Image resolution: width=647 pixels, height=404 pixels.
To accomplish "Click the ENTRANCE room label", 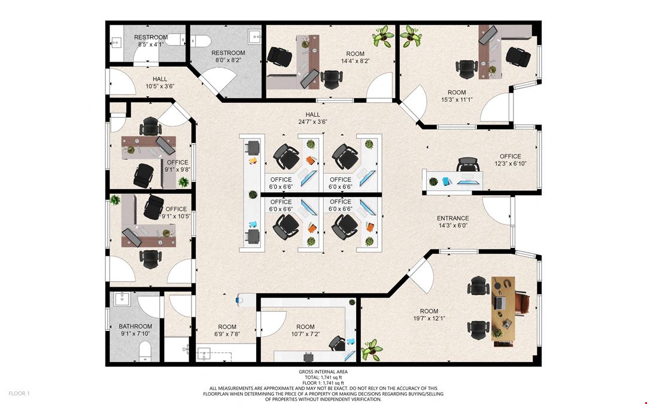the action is coord(452,218).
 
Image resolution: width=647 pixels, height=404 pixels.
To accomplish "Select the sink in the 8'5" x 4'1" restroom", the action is coord(116,42).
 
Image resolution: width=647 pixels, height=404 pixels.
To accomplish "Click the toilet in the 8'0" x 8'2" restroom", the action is coord(201,41).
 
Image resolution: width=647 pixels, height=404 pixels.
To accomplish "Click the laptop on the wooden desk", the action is coord(500,303).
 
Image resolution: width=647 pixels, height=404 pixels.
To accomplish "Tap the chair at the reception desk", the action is coord(467,165).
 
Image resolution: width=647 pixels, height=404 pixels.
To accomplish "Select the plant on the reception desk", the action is coord(433,181).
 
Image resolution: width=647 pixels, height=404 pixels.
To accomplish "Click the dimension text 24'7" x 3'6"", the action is coord(312,121).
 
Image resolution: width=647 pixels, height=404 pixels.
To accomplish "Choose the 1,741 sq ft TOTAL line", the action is coord(323,377).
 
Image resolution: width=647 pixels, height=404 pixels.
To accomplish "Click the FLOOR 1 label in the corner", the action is coord(19,393).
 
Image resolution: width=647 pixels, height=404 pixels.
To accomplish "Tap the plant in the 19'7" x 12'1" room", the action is coord(372,350).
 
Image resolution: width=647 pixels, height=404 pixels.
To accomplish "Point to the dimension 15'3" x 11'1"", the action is coord(457,99).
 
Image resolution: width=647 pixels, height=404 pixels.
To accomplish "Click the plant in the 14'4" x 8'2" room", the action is coord(383,37).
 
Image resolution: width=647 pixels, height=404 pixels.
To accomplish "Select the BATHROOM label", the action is coord(135,326).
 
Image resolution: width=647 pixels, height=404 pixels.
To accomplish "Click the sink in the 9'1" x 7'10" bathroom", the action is coord(121,299).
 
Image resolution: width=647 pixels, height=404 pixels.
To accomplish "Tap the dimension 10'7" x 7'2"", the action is coord(305,334).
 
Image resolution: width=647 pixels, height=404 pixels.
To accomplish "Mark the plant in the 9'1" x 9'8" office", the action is coord(183,181).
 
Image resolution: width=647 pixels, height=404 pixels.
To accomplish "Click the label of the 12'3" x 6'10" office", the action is coord(511,156).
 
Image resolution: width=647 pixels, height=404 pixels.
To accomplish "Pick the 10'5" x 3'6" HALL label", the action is coord(160,79).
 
